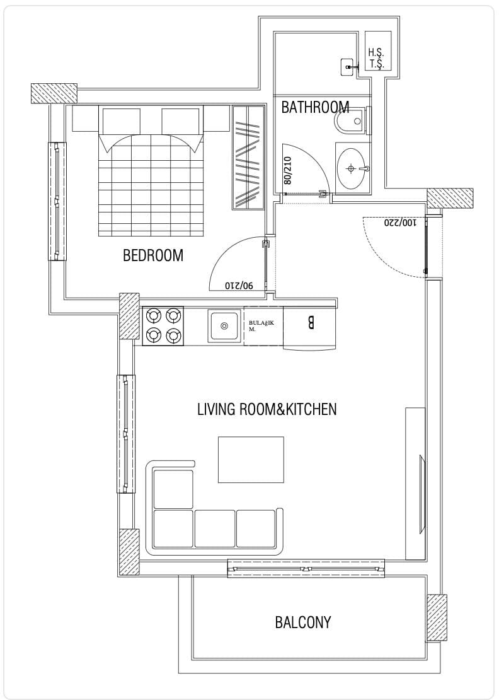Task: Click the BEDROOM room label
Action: (153, 255)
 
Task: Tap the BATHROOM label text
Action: (315, 107)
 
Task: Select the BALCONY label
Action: (303, 622)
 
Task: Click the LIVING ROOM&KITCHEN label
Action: (267, 409)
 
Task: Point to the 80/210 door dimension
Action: (287, 170)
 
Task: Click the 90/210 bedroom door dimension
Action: (239, 285)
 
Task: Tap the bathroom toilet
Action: (352, 120)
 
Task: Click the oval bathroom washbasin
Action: (353, 169)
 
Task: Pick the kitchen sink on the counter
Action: (225, 326)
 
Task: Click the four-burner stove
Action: (163, 326)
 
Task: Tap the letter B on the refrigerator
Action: (311, 323)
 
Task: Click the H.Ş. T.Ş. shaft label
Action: (376, 59)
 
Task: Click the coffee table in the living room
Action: (251, 459)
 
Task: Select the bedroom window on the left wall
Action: (57, 201)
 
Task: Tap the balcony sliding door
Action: (306, 568)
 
